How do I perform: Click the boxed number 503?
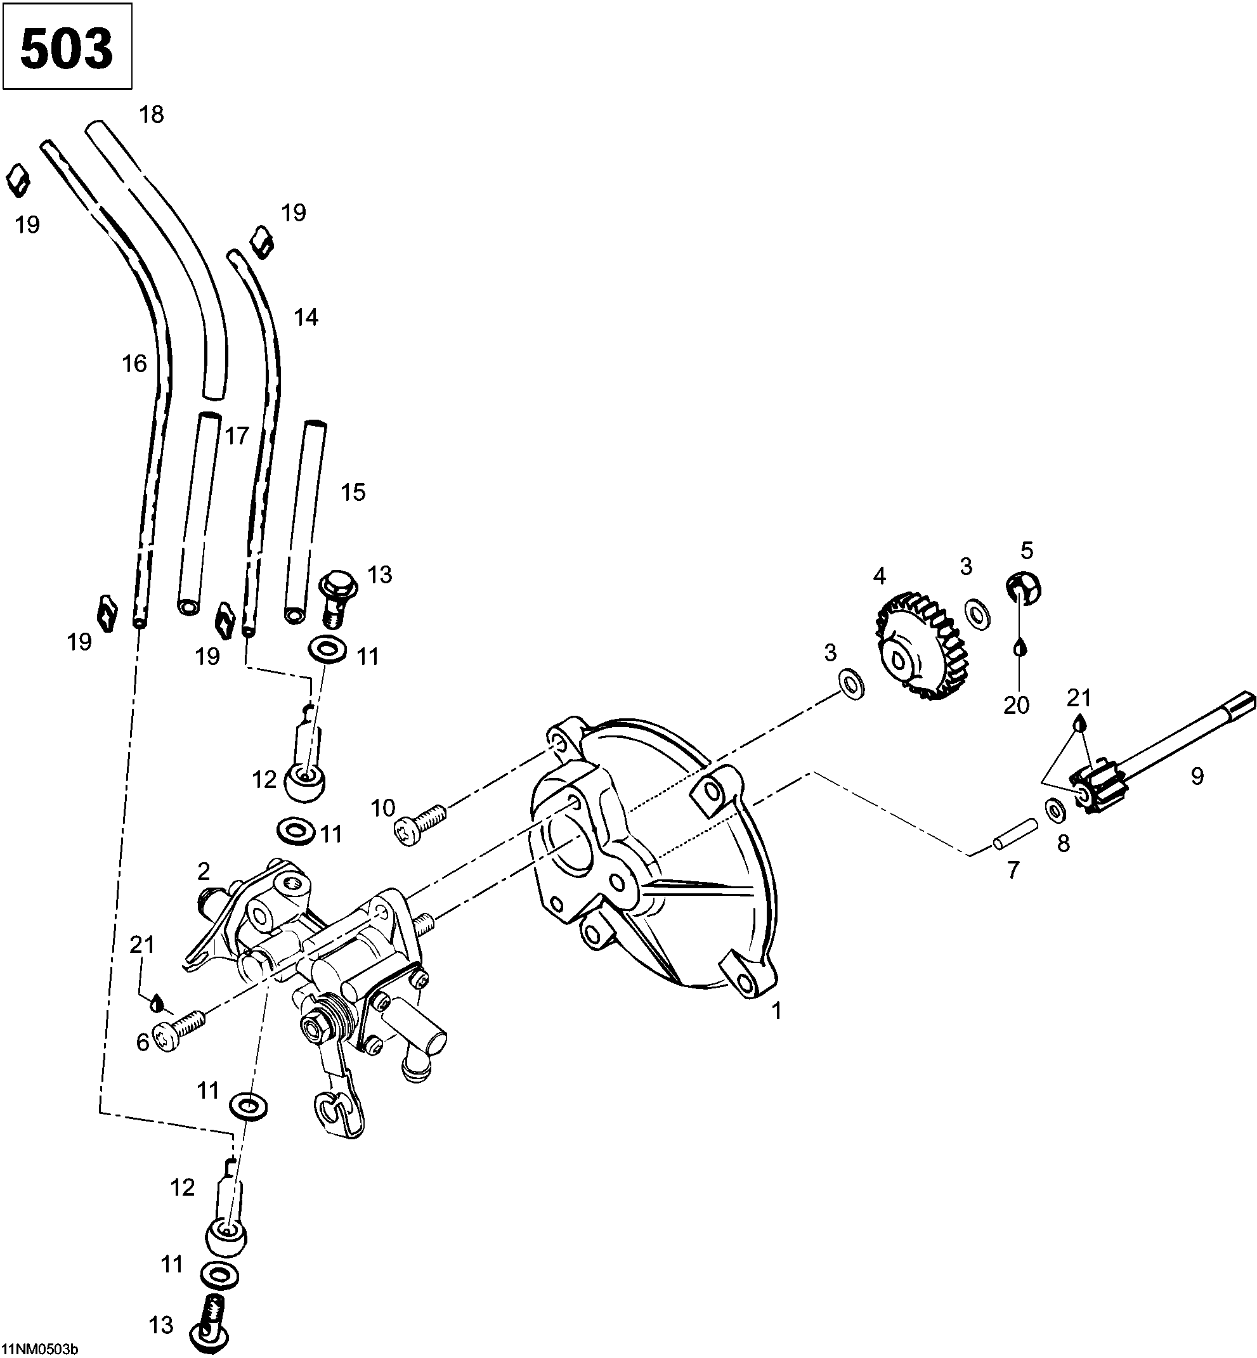[67, 47]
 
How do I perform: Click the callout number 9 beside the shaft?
[1197, 776]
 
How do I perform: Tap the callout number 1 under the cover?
[776, 1011]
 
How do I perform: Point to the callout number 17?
[237, 436]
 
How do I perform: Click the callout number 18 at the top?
[152, 114]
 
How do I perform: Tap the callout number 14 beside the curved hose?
[306, 317]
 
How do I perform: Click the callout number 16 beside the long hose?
[134, 363]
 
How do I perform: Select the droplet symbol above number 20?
[1019, 647]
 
